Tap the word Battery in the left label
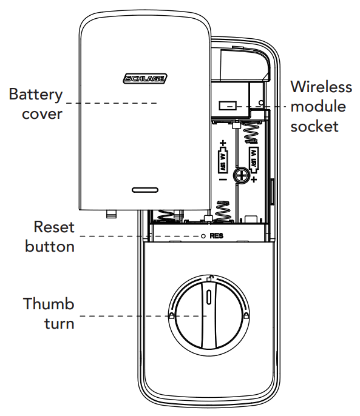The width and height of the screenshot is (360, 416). [x=35, y=95]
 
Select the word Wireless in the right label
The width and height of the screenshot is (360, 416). [x=321, y=87]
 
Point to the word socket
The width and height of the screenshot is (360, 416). [x=314, y=126]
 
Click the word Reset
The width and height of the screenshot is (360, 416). [x=54, y=228]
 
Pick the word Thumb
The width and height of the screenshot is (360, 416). [x=49, y=304]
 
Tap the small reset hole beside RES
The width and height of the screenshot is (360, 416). [x=203, y=236]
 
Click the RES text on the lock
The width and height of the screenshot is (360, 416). [x=216, y=236]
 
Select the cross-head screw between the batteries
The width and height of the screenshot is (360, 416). [x=241, y=176]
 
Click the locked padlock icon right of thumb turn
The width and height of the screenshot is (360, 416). [x=245, y=315]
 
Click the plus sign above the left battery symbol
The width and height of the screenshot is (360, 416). [x=223, y=143]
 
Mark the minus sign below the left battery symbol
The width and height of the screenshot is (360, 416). [x=223, y=180]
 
